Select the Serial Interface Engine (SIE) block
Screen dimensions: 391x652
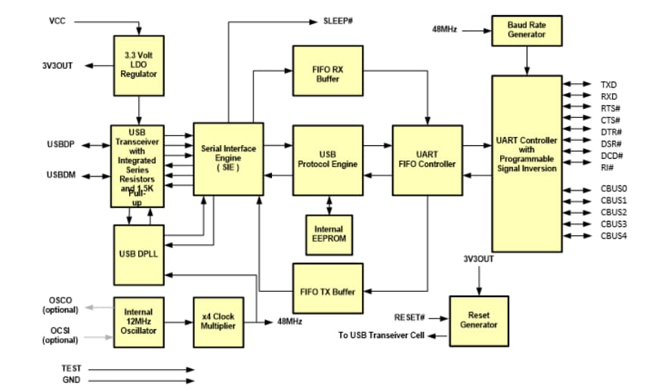point(228,159)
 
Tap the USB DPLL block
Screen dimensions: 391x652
point(138,253)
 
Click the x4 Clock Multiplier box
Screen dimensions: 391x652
point(218,321)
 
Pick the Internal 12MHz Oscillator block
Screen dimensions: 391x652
point(138,321)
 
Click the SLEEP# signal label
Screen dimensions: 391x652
point(338,20)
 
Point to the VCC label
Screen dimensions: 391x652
point(57,20)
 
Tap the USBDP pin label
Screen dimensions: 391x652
point(60,144)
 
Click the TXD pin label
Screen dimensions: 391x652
point(608,85)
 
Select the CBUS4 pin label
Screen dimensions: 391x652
point(613,236)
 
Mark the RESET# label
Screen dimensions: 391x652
point(410,317)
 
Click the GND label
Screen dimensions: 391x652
point(71,380)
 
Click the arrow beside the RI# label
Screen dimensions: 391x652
point(581,167)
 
